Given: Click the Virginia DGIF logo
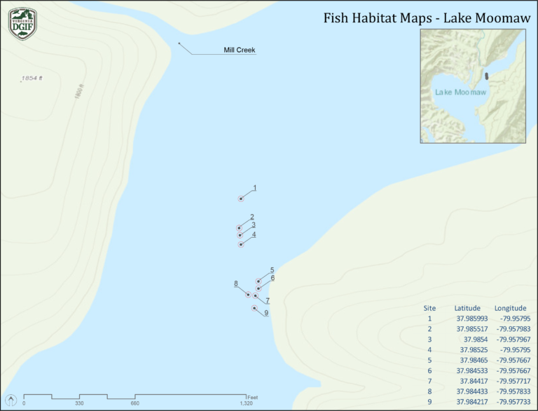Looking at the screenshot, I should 22,22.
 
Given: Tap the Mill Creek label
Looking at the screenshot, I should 240,50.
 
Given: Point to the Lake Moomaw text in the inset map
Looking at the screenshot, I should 460,92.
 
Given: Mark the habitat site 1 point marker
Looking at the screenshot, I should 241,199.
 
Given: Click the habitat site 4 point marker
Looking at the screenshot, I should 240,244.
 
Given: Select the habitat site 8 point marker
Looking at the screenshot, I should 248,295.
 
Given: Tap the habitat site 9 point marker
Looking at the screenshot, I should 254,308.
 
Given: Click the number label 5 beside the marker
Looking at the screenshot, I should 272,270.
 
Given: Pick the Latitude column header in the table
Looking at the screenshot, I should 467,308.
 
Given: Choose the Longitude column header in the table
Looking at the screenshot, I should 510,308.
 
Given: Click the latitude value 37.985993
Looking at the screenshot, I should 471,318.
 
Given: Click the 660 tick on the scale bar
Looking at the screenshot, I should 134,403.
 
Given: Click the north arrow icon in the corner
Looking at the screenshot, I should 11,400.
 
